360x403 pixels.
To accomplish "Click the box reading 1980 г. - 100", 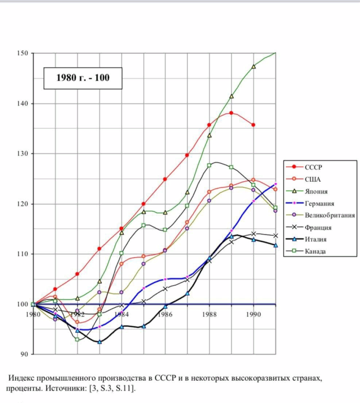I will [83, 78].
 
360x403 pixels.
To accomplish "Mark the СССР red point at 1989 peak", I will [231, 113].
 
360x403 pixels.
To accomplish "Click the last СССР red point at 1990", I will [253, 125].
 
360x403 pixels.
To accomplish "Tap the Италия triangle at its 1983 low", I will [99, 341].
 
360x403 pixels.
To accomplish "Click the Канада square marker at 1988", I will [209, 165].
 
